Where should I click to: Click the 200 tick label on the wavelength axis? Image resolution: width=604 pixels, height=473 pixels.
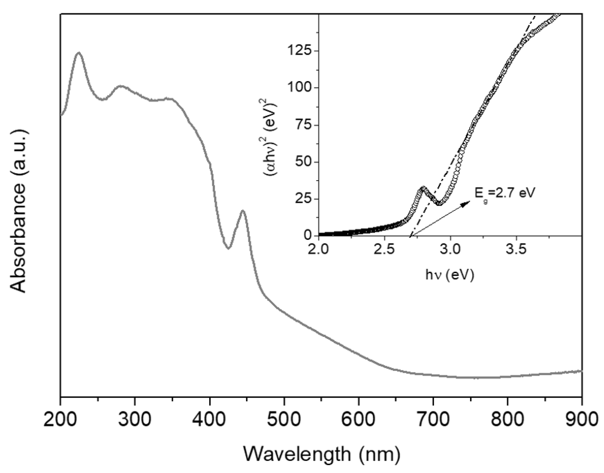pos(60,419)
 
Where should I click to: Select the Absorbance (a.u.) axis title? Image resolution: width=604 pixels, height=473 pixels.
pos(19,210)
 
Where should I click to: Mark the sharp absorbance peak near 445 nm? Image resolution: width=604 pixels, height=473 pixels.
pos(243,210)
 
